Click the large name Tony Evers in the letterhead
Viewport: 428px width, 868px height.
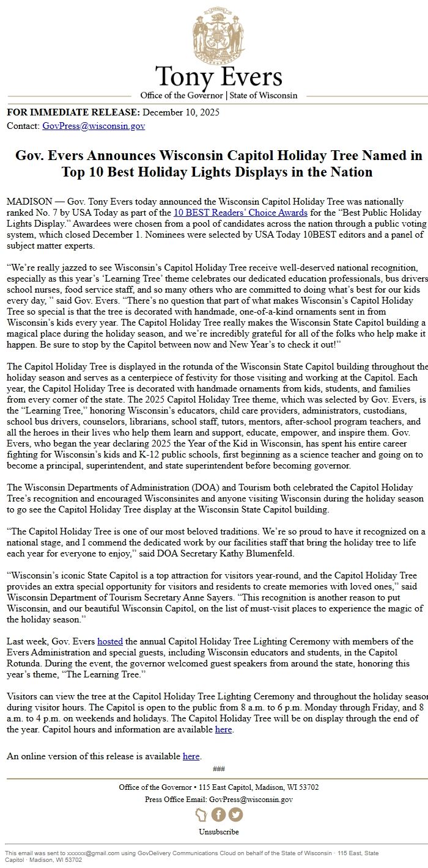click(218, 77)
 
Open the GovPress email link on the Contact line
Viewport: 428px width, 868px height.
click(94, 126)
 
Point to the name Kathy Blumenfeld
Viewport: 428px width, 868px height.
click(264, 553)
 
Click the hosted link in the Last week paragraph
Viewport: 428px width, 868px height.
click(110, 641)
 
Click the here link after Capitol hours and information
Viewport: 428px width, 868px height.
click(224, 729)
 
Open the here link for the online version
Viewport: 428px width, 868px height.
click(191, 756)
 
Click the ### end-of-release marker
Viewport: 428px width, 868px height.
click(218, 768)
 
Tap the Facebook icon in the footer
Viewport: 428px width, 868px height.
click(218, 815)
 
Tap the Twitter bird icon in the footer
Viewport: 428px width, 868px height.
click(235, 815)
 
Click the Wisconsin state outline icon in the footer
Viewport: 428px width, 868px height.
click(201, 815)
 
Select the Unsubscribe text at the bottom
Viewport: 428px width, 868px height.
click(218, 831)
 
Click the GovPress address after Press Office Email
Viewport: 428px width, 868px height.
click(251, 799)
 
